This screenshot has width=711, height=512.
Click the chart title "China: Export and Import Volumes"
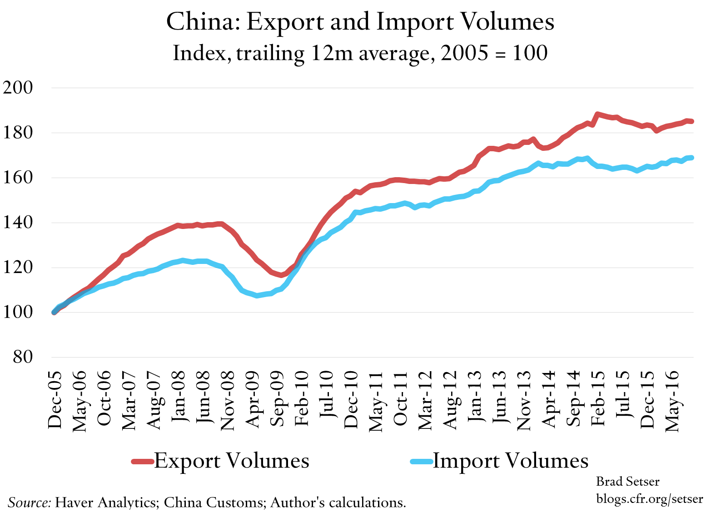click(x=360, y=22)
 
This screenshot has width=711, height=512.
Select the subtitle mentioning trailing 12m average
click(x=360, y=53)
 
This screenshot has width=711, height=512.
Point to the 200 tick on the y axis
click(x=18, y=88)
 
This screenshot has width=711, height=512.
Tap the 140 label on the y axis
click(x=18, y=223)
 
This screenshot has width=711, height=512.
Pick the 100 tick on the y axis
click(x=18, y=313)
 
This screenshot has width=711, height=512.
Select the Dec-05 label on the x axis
click(x=55, y=400)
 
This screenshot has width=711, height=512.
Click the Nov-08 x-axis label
click(x=227, y=400)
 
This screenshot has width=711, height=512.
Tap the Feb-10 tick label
click(x=302, y=398)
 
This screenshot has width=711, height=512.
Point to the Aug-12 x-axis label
click(x=450, y=400)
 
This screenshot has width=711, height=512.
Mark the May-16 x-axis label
click(x=672, y=400)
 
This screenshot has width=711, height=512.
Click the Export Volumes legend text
click(x=232, y=461)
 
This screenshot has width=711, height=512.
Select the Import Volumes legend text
click(x=510, y=461)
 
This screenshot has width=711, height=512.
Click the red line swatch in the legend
click(x=143, y=462)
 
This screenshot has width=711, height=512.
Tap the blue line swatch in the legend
click(x=421, y=462)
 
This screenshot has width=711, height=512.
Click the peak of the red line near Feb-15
click(x=597, y=114)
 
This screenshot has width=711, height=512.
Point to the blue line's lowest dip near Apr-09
click(x=257, y=296)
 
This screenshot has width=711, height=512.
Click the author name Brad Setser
click(x=627, y=482)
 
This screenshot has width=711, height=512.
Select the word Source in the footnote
click(x=30, y=502)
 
